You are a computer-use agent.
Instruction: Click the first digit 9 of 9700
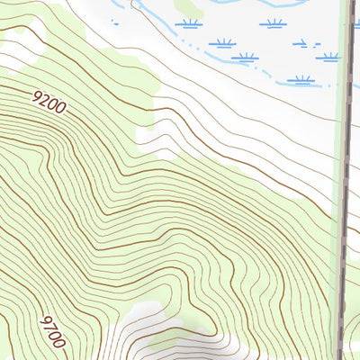pos(45,320)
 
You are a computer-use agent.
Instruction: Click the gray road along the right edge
pos(345,180)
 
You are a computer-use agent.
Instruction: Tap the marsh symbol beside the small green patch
pos(189,22)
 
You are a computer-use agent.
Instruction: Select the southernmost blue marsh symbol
pos(301,79)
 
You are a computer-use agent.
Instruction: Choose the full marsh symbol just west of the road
pos(329,57)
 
